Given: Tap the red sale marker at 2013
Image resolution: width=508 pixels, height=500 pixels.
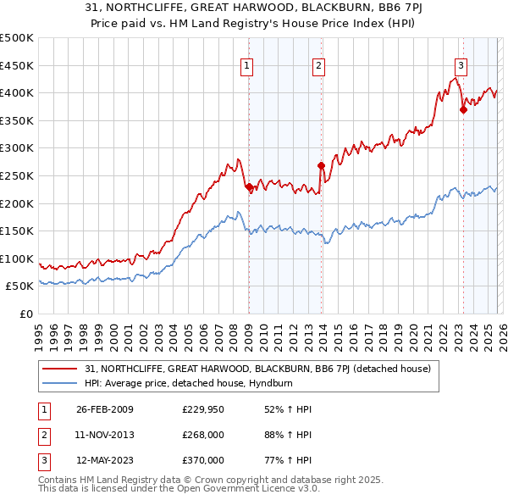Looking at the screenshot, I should coord(321,166).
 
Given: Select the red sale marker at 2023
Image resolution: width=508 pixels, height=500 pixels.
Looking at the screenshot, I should coord(463,109).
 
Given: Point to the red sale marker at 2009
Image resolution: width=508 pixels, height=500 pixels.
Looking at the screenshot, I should coord(249,187).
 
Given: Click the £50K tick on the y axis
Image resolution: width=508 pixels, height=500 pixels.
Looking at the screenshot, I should coord(20,286).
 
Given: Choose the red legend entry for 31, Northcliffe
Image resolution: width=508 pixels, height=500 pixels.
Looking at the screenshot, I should coord(258,369).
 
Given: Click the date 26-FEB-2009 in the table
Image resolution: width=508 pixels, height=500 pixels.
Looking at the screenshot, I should coord(105,409).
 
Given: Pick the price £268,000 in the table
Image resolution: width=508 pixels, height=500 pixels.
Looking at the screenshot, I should coord(203,435).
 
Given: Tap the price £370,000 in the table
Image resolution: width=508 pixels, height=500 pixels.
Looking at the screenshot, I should coord(203,460).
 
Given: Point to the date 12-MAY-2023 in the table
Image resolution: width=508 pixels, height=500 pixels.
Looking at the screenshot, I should coord(105,460).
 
